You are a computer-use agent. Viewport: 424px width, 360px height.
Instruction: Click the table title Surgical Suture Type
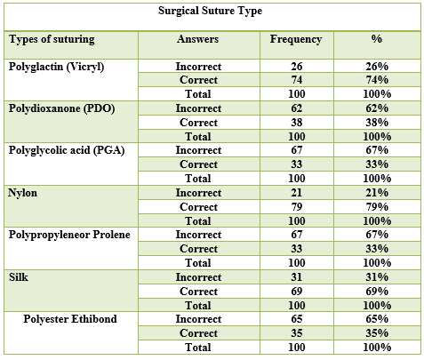[210, 11]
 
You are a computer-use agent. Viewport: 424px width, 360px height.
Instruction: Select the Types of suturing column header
[52, 39]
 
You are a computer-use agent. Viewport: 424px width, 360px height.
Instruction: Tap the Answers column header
[198, 39]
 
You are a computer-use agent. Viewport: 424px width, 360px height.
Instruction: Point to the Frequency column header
[296, 39]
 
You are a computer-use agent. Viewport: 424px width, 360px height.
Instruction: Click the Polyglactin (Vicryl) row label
[56, 67]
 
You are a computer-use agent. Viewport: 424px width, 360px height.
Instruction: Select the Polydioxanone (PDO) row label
[61, 108]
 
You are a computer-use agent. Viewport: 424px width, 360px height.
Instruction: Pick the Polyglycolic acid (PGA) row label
[67, 150]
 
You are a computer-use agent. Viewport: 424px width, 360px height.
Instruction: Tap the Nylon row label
[23, 193]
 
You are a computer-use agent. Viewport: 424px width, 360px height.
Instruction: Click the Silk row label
[19, 277]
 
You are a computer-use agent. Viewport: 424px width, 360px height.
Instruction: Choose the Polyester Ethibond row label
[70, 319]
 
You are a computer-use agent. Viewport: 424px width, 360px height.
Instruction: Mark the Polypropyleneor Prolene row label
[69, 235]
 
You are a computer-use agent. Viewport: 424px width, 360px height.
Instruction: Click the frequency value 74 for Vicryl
[297, 80]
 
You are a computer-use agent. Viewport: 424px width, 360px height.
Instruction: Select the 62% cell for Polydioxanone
[377, 108]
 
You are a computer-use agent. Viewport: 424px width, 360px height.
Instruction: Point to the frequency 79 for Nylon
[297, 207]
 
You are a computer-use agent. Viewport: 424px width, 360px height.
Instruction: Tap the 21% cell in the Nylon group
[377, 193]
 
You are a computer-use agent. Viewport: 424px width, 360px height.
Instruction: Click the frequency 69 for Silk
[297, 292]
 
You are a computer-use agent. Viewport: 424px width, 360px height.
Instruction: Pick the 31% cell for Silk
[377, 277]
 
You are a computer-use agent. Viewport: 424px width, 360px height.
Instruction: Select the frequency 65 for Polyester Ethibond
[297, 319]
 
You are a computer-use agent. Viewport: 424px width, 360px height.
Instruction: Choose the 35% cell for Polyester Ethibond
[377, 333]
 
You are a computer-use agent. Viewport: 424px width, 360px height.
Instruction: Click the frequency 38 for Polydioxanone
[297, 123]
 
